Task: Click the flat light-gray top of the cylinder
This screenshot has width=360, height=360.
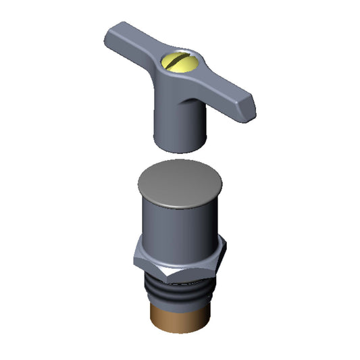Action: (180, 182)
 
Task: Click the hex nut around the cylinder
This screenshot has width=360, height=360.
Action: (180, 260)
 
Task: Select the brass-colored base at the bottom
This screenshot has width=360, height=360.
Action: (180, 317)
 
